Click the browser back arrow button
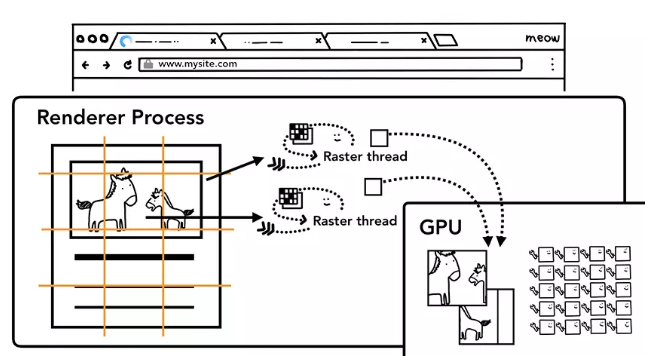point(85,65)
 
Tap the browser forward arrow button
point(106,65)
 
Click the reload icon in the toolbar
point(127,65)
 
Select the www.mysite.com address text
point(198,64)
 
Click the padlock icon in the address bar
point(148,64)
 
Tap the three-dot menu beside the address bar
point(552,64)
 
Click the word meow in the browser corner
point(542,38)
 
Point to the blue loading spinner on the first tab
point(125,41)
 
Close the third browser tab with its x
point(424,40)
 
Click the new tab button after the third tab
point(446,40)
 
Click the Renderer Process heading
point(120,118)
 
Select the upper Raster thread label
point(365,157)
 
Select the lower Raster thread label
point(355,221)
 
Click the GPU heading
point(441,228)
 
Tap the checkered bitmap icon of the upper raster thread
point(301,133)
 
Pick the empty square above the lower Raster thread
point(373,187)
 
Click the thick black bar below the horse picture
point(134,257)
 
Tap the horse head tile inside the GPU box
point(457,278)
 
